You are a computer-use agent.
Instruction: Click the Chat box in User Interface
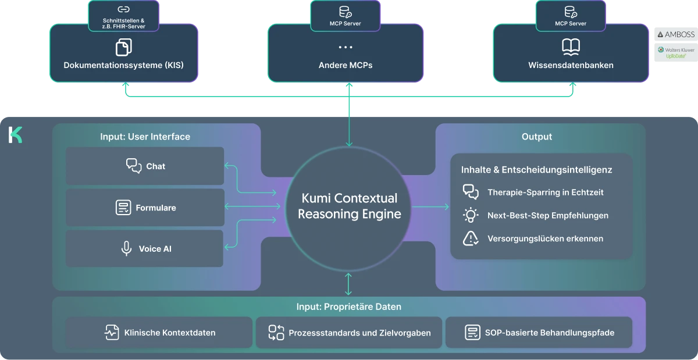145,166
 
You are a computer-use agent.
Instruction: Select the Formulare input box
145,208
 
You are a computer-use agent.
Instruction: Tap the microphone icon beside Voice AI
126,249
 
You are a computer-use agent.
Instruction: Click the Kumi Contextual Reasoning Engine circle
349,206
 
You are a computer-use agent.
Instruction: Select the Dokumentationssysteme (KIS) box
123,54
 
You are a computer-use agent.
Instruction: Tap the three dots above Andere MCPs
346,47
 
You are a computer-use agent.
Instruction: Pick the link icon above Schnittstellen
123,9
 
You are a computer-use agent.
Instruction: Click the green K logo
16,134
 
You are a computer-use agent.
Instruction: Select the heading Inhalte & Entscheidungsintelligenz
536,170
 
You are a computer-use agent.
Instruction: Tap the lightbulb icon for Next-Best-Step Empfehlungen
471,215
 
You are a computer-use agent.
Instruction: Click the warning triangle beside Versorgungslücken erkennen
471,238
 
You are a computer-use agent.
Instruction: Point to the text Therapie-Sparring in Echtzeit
546,193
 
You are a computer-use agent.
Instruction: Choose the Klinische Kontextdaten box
159,333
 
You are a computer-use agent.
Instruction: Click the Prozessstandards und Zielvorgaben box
349,333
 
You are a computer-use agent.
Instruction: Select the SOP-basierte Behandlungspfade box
539,333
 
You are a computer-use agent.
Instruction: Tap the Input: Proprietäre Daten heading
348,306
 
